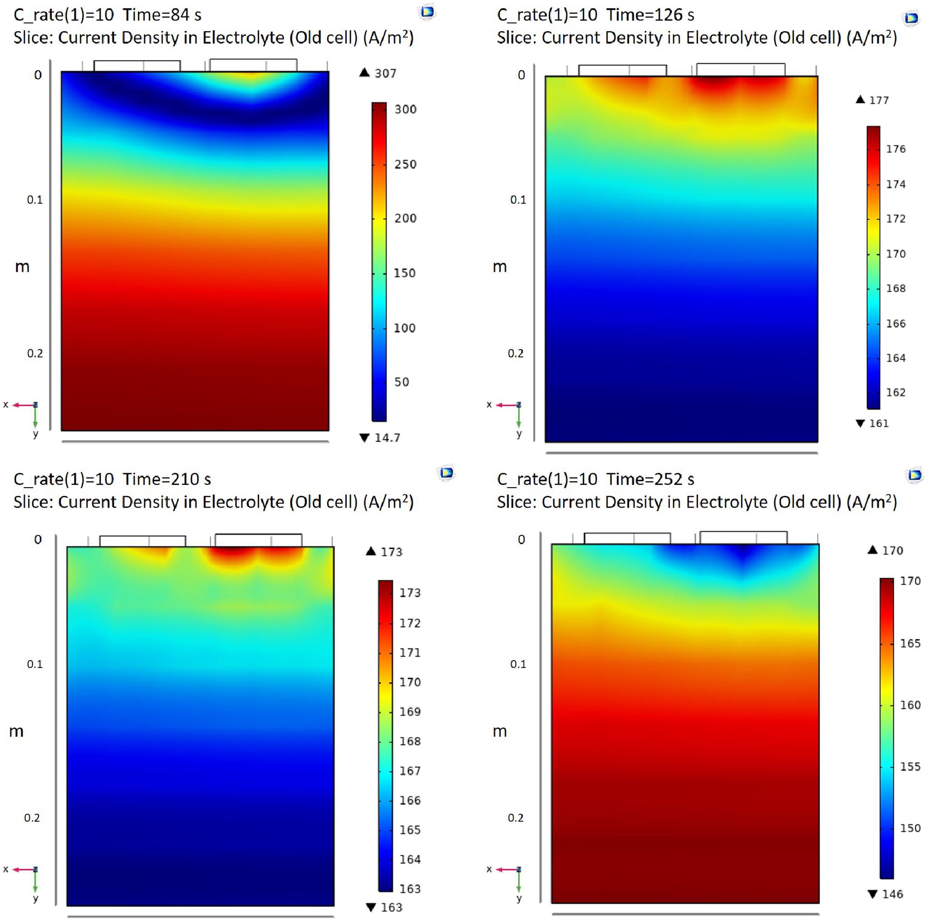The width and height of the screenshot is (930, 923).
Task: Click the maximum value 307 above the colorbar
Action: click(385, 73)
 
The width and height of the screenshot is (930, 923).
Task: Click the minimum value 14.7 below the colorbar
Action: click(387, 438)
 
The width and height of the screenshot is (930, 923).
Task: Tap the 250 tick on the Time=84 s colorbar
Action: click(405, 164)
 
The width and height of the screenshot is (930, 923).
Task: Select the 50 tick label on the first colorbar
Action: click(401, 382)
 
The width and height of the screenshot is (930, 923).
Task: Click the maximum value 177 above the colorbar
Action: click(879, 100)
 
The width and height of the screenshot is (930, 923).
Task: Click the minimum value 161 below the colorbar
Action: click(879, 424)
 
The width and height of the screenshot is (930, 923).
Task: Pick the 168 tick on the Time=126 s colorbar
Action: click(895, 289)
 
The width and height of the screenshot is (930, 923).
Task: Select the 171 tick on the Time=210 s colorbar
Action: click(409, 653)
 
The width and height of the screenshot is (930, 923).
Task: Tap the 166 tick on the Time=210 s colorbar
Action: click(409, 800)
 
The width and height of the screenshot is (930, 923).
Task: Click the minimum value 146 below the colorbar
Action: click(893, 894)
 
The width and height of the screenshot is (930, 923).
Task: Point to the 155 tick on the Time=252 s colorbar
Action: click(910, 766)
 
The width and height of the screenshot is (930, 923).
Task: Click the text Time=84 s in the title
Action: click(162, 15)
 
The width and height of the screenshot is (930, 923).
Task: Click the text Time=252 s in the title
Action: click(650, 479)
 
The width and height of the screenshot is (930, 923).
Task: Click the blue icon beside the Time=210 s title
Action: click(446, 473)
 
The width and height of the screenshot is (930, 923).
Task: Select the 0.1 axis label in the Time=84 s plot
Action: click(35, 200)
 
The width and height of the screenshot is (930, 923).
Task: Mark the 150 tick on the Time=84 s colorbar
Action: click(405, 273)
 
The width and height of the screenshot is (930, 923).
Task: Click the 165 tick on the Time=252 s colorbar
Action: click(910, 643)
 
